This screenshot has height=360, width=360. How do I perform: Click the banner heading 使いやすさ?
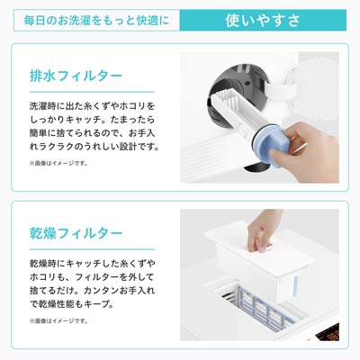(x=263, y=21)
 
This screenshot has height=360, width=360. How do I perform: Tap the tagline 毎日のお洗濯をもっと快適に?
(x=96, y=21)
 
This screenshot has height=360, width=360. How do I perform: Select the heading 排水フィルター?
(x=76, y=76)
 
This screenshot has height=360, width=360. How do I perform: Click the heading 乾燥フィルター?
(x=76, y=233)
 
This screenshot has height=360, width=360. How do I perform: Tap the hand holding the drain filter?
(x=309, y=151)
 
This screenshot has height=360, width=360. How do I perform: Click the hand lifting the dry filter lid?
(x=262, y=231)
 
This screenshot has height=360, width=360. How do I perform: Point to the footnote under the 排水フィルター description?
(x=58, y=164)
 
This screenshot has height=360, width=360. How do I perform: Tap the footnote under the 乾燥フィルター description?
(x=58, y=321)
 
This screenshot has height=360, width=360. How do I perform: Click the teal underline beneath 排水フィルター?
(x=92, y=92)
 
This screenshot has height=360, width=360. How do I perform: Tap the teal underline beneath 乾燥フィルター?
(x=92, y=249)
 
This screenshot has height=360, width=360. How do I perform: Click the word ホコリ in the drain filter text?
(x=133, y=106)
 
